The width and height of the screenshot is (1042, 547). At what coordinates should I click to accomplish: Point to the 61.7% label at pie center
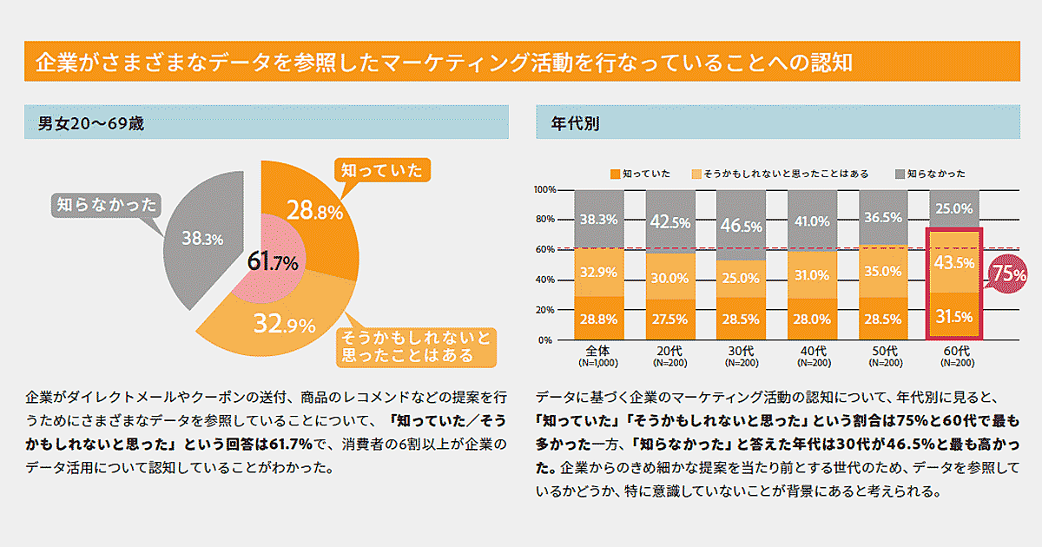tap(273, 261)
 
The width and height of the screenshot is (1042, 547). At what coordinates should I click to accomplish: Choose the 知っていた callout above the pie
tap(382, 170)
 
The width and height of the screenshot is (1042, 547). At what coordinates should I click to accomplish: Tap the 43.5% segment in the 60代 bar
tap(953, 262)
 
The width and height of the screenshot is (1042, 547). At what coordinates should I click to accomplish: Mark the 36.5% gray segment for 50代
tap(882, 218)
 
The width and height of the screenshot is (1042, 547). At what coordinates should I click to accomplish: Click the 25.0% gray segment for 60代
tap(953, 208)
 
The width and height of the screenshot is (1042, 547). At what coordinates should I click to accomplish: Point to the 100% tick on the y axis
tap(545, 189)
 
